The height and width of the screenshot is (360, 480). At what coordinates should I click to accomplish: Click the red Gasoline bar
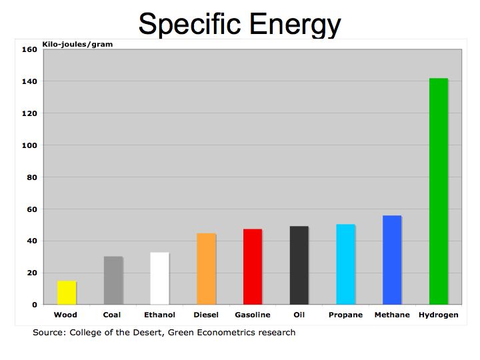click(253, 267)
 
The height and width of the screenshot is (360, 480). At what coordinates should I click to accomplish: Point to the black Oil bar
click(299, 265)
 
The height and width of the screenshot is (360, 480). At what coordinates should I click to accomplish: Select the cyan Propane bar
click(345, 265)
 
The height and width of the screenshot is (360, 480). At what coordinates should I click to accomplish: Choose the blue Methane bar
click(392, 260)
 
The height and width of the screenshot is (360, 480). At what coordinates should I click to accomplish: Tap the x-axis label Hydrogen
click(438, 315)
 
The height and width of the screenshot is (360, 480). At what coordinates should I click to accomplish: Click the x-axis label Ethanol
click(159, 315)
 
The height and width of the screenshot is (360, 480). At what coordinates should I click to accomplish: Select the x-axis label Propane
click(345, 315)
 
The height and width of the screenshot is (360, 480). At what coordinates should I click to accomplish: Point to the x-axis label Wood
click(65, 315)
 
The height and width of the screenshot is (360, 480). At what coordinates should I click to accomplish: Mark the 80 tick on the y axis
click(31, 177)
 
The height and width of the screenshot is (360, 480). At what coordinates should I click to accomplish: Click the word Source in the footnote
click(49, 332)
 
